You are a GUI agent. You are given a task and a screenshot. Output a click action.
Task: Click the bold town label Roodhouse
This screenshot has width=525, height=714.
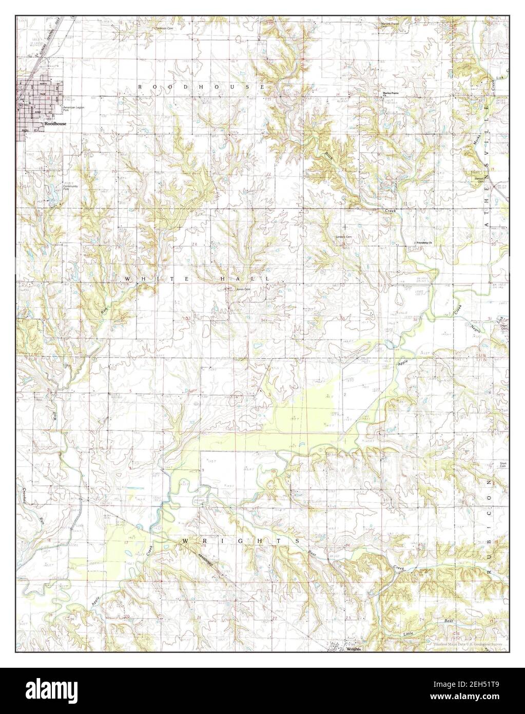pos(55,124)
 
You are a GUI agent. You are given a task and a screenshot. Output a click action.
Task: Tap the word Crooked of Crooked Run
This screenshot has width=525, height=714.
pos(24,497)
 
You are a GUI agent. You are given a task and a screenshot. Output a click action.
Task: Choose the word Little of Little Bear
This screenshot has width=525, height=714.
pos(408,634)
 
